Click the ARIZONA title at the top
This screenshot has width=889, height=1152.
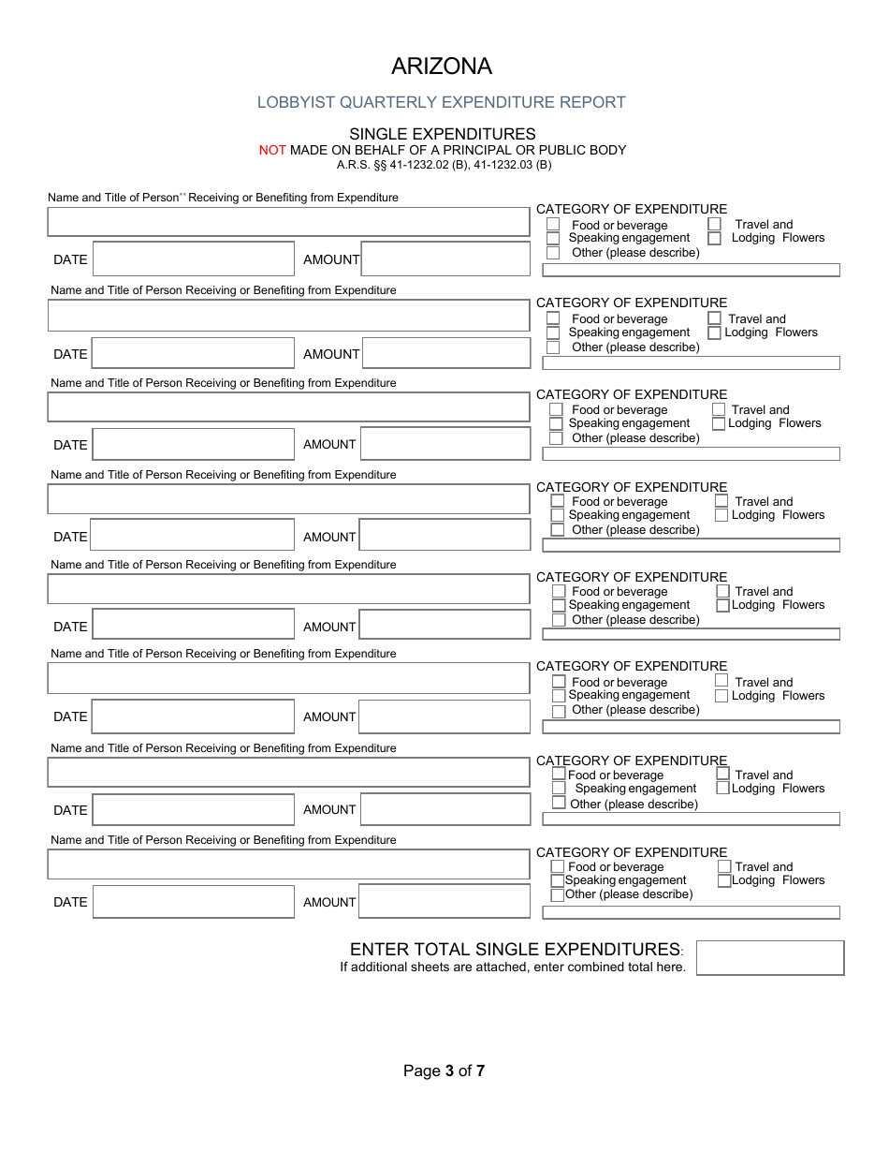pos(441,66)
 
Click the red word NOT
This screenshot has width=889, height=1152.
pos(272,150)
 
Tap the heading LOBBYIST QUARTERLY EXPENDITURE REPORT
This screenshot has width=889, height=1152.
pos(441,102)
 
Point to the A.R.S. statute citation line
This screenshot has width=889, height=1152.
pos(444,165)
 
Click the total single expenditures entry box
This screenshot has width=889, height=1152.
pos(769,958)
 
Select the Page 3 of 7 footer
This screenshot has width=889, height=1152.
pos(444,1071)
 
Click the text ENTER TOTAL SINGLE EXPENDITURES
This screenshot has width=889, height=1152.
pos(515,949)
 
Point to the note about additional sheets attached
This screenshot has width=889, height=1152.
pos(512,967)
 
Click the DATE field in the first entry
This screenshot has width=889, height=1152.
pos(194,259)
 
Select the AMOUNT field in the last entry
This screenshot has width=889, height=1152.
pos(444,902)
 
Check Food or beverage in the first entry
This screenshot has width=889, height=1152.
pos(553,225)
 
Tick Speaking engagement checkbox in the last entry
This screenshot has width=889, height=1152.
pos(558,881)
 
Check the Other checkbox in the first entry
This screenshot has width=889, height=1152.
pos(553,253)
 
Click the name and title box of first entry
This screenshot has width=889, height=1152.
pos(288,222)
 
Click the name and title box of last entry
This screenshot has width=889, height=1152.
pos(288,864)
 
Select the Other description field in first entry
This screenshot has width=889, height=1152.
pos(691,271)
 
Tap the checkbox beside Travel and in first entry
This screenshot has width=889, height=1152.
pos(714,224)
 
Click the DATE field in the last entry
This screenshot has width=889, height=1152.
pos(194,902)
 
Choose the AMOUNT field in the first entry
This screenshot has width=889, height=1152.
pos(445,259)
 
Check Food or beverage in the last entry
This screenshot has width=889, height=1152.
pos(558,867)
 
